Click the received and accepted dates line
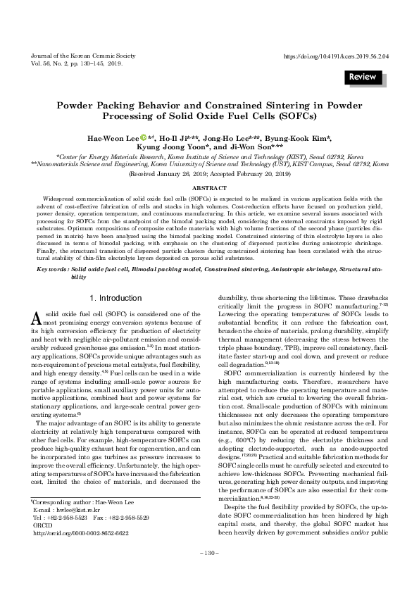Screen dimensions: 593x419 209,173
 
